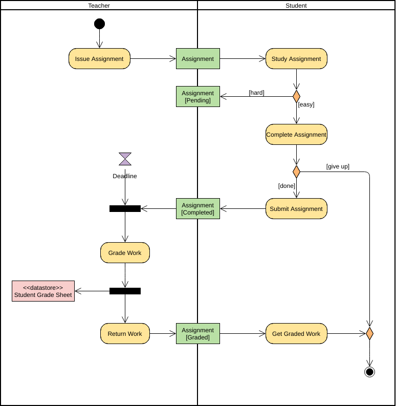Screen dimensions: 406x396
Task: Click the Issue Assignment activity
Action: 99,59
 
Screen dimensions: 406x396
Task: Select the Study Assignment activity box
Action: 296,59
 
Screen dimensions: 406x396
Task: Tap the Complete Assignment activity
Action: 296,135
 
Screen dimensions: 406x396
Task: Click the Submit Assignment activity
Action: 296,209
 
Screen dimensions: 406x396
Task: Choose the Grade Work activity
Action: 125,253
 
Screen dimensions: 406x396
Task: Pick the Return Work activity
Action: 125,334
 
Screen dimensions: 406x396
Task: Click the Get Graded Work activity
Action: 296,334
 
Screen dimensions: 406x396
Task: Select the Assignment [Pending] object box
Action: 198,96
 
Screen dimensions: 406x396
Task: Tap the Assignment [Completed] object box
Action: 198,209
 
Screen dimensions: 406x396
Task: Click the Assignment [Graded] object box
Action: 198,334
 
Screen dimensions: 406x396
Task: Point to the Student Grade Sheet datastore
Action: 43,291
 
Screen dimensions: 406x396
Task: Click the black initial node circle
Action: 99,24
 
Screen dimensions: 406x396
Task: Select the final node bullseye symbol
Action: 369,372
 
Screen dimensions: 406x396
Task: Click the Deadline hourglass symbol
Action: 125,159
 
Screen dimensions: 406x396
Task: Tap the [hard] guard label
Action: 256,93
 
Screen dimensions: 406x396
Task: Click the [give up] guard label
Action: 338,166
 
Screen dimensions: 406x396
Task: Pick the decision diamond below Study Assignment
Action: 296,96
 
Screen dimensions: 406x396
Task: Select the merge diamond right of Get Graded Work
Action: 369,334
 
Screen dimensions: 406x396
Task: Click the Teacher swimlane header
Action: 99,6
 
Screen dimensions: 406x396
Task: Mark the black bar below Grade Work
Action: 125,291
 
